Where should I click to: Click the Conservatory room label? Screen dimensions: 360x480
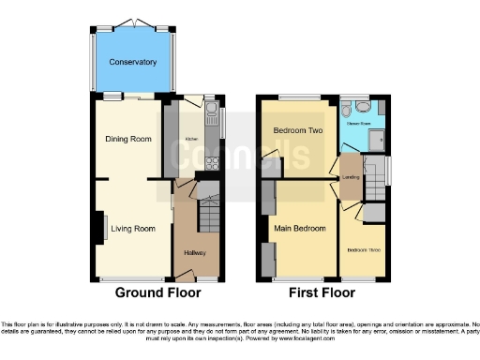tap(132, 63)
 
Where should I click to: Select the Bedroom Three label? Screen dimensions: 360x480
tap(364, 250)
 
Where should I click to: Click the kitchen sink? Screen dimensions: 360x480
tap(211, 119)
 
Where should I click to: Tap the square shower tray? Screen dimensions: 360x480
tap(379, 140)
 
